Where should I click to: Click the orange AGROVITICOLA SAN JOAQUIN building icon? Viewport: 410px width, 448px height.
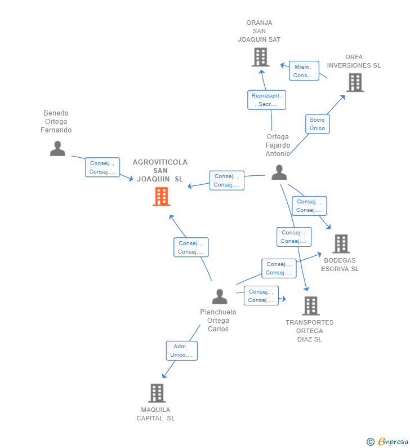tap(162, 197)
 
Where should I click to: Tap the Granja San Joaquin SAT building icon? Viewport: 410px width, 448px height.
tap(260, 57)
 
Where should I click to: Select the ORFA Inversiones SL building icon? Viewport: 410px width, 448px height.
tap(355, 83)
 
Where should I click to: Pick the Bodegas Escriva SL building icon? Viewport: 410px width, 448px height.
tap(341, 244)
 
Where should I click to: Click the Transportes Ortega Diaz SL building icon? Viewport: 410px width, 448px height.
tap(310, 306)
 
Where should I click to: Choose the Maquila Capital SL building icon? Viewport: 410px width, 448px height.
tap(157, 393)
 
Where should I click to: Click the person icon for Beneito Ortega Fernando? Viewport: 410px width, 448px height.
tap(57, 148)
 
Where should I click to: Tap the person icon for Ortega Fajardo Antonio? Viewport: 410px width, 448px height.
tap(279, 172)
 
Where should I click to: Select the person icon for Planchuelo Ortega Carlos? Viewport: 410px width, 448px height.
tap(220, 296)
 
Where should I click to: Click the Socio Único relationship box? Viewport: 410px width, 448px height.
tap(317, 124)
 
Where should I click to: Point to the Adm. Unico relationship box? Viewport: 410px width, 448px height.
tap(181, 351)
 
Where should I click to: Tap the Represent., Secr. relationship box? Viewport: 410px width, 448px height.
tap(266, 100)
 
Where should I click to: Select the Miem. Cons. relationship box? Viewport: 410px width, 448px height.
tap(304, 71)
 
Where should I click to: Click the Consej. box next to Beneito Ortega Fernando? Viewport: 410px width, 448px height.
tap(102, 167)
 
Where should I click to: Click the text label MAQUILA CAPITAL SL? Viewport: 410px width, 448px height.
tap(155, 414)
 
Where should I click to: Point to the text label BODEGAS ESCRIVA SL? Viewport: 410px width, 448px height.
tap(340, 265)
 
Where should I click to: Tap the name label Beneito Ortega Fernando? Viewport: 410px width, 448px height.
tap(56, 122)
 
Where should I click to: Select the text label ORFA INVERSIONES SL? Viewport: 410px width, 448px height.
tap(354, 61)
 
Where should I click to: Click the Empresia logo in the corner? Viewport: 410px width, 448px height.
tap(387, 441)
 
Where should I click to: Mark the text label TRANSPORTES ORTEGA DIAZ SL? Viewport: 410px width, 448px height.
tap(309, 331)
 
